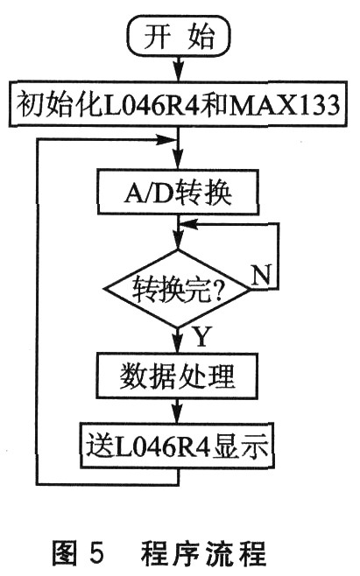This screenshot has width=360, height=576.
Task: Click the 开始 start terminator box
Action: tap(179, 36)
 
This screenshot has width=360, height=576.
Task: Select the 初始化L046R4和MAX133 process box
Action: tap(179, 104)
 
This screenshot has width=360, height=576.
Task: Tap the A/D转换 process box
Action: tap(178, 192)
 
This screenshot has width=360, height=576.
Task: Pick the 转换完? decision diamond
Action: tap(178, 288)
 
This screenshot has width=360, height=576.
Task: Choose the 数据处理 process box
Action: tap(177, 376)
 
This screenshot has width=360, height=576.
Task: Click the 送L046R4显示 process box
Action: tap(178, 446)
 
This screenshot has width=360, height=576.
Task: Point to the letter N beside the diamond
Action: tap(261, 274)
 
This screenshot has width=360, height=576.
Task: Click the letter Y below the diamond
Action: tap(201, 336)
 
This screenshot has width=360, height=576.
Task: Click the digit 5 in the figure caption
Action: tap(96, 552)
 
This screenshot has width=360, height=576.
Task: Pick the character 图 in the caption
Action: tap(64, 552)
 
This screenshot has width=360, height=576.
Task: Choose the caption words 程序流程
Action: tap(203, 552)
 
